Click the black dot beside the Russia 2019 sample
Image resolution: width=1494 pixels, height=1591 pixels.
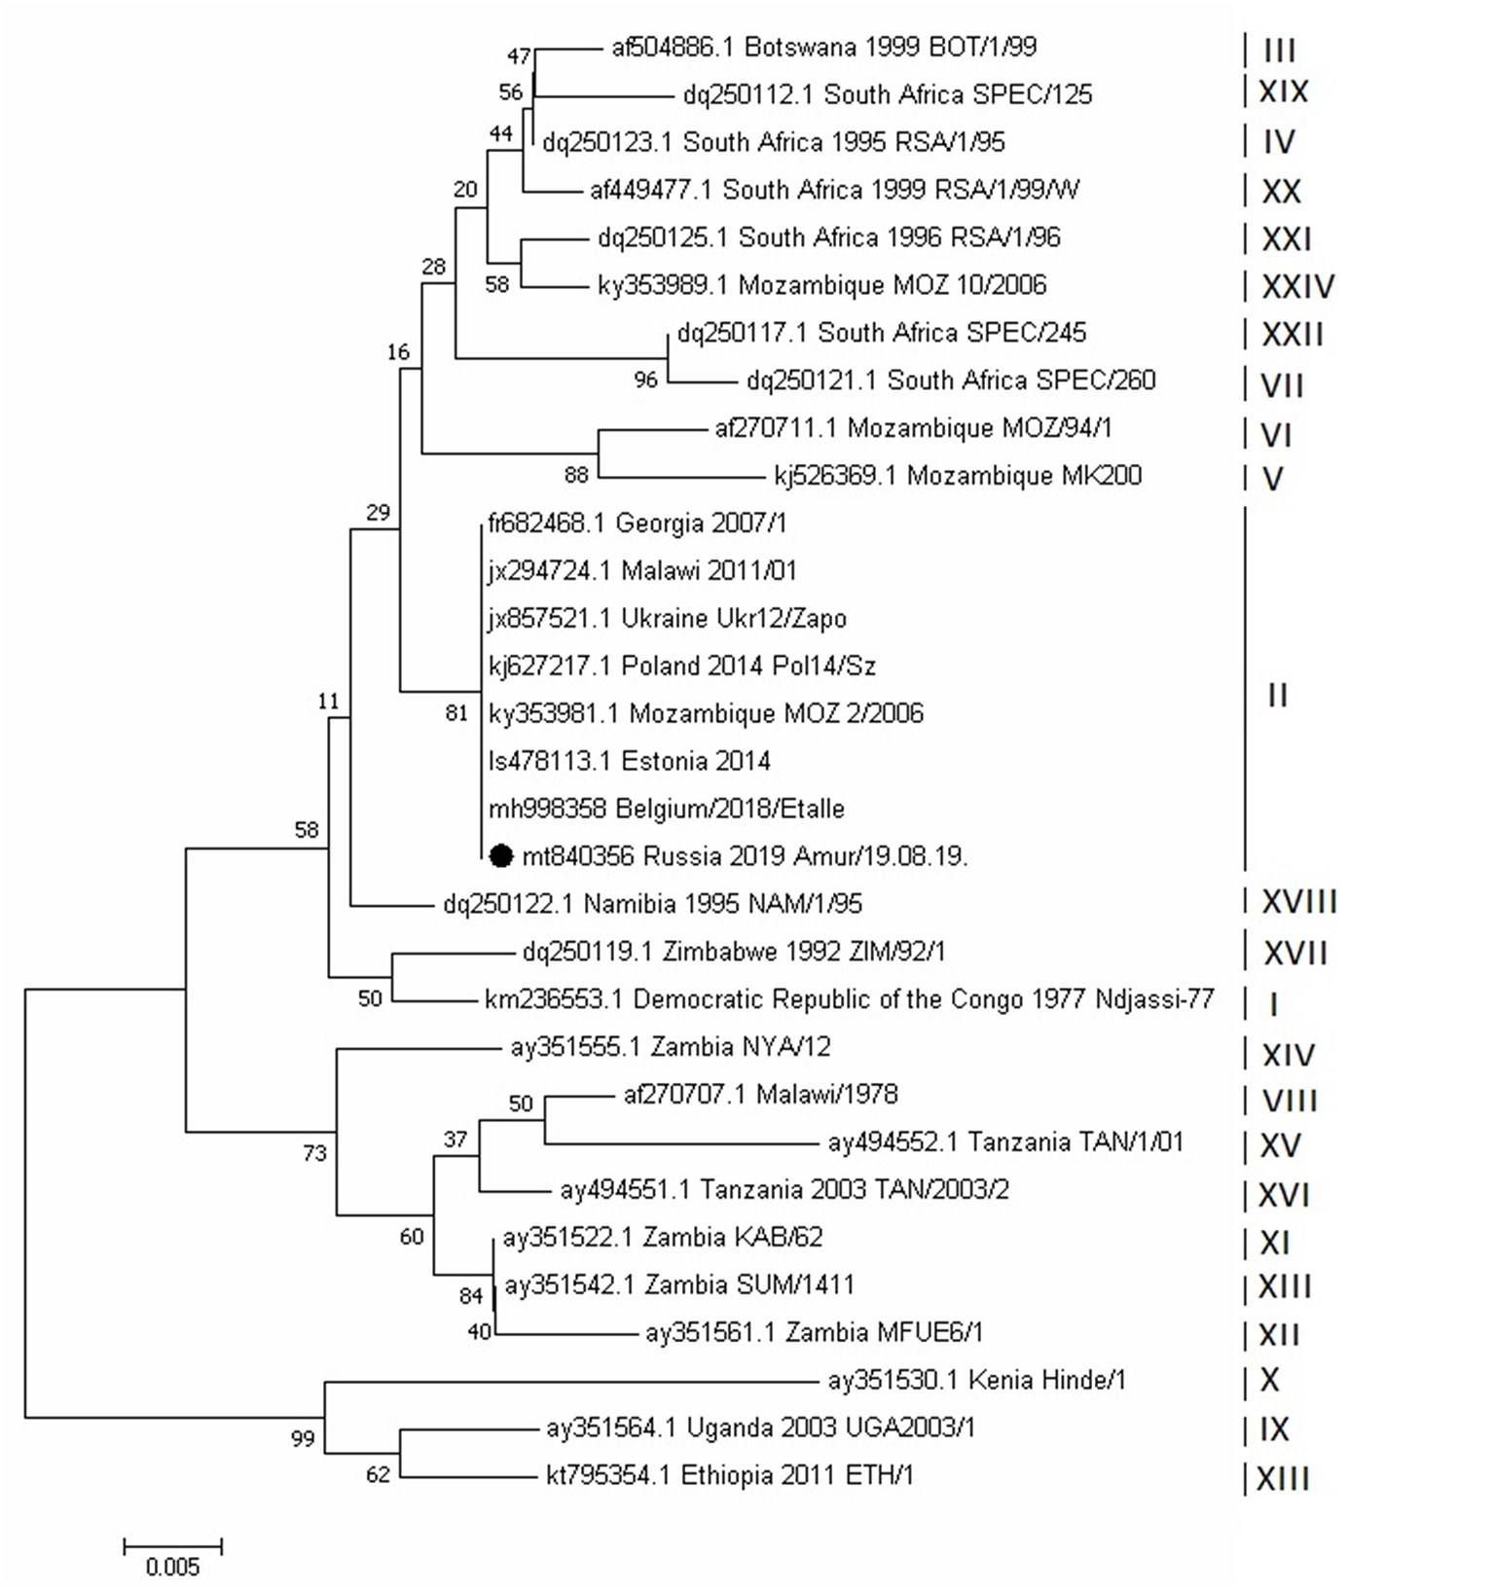[x=500, y=855]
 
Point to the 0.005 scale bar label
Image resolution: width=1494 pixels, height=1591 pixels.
[x=172, y=1567]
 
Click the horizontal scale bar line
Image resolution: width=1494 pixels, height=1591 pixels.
[x=172, y=1545]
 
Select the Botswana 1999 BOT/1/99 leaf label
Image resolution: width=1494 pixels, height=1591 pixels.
[x=823, y=47]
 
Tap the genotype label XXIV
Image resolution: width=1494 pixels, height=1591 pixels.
[x=1297, y=286]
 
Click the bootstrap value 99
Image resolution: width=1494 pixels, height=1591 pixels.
[x=303, y=1438]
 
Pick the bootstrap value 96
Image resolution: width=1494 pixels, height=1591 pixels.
[x=645, y=380]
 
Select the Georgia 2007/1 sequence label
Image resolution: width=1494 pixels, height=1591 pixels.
[x=638, y=524]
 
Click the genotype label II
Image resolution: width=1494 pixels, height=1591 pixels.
[x=1278, y=695]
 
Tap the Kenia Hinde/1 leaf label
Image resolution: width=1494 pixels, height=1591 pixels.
[x=976, y=1380]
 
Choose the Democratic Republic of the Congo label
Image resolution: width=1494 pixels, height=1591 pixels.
[x=850, y=999]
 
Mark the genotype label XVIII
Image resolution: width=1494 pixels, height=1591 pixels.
[x=1299, y=902]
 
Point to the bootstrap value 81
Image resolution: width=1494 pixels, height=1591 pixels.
[x=456, y=713]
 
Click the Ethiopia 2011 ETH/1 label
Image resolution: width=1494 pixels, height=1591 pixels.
[x=730, y=1475]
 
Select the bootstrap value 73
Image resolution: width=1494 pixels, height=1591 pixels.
[x=314, y=1153]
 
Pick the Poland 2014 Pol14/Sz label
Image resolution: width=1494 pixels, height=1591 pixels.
[x=682, y=666]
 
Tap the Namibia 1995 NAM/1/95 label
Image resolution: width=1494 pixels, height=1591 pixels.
[x=652, y=904]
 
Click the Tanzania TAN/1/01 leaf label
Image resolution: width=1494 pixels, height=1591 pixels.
[x=1005, y=1141]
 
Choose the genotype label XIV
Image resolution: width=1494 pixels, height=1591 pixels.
[x=1288, y=1055]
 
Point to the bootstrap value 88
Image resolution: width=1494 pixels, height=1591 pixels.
[x=576, y=475]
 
